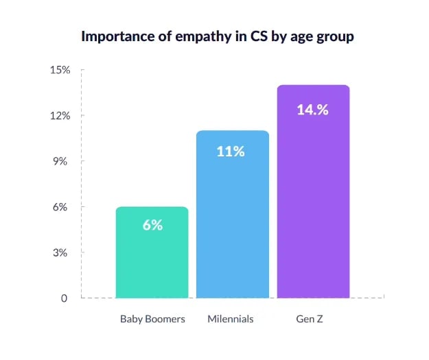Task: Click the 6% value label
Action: (152, 225)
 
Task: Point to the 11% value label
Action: (231, 152)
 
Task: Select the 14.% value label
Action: (312, 109)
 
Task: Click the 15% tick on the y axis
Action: (60, 70)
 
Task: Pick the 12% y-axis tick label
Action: (60, 116)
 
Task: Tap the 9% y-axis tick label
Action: (62, 161)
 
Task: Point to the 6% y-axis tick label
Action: (62, 207)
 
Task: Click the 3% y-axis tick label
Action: (62, 253)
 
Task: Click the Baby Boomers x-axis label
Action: (152, 319)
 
